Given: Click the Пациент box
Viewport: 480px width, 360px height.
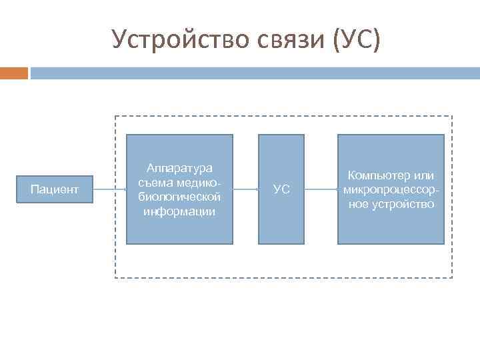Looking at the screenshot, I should click(x=55, y=190).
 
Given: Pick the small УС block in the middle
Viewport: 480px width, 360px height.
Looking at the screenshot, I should click(x=281, y=190).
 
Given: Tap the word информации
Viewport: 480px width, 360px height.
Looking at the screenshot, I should click(x=179, y=212).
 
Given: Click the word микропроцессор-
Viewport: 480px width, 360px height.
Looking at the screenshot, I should click(x=391, y=190).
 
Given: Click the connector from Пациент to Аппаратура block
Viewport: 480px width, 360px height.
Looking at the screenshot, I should click(x=109, y=190).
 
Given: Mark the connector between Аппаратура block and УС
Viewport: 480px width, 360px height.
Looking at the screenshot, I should click(x=246, y=190).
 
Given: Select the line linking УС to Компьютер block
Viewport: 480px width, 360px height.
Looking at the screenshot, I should click(x=321, y=190).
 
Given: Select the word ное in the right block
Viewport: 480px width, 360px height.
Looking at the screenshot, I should click(x=359, y=204).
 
